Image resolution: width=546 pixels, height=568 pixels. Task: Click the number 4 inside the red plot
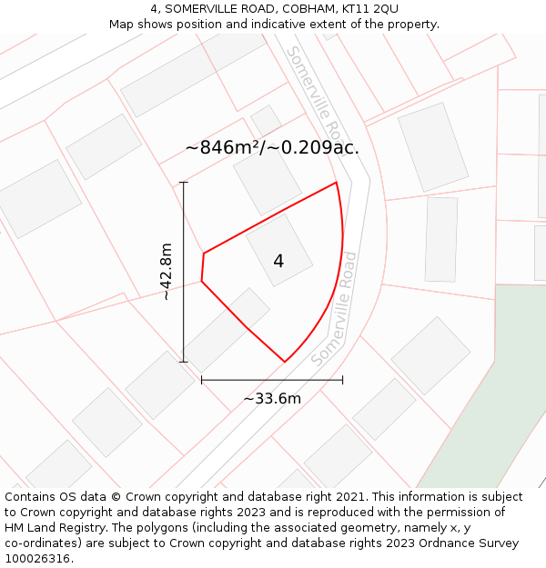(278, 262)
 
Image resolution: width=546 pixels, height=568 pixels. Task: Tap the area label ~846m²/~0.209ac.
(272, 147)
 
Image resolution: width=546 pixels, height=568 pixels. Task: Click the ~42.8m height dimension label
(166, 271)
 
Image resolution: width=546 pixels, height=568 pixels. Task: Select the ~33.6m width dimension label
(272, 398)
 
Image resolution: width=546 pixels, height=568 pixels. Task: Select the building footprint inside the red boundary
(279, 250)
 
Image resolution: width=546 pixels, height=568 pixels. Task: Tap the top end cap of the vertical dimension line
(184, 183)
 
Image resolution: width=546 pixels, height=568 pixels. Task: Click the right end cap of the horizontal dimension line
(342, 380)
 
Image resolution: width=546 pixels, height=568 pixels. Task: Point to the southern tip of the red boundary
(285, 362)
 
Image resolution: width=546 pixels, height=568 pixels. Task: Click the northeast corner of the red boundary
(337, 183)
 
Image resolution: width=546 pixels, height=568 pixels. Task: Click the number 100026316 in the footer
(37, 559)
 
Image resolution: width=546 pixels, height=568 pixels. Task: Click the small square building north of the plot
(266, 120)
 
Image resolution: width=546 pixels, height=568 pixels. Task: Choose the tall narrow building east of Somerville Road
(441, 239)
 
